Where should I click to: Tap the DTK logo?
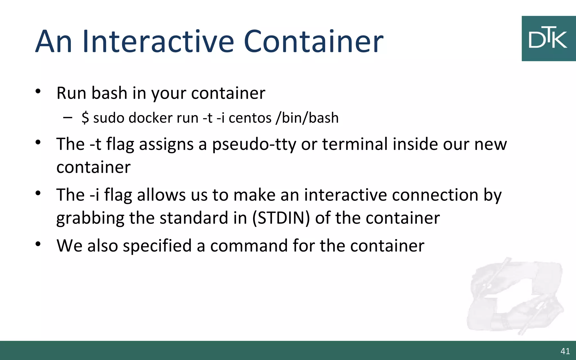548,39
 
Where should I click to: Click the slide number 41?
565,351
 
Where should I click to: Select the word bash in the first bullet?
109,93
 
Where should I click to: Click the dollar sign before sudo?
85,118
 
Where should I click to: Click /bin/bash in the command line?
307,118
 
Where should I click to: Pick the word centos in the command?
250,118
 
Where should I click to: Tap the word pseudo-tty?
254,145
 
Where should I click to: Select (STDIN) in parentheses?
281,218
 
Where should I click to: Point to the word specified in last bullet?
157,246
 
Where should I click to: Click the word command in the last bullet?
249,246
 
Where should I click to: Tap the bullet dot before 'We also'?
38,244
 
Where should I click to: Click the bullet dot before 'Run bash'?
38,91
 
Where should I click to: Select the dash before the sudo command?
67,117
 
